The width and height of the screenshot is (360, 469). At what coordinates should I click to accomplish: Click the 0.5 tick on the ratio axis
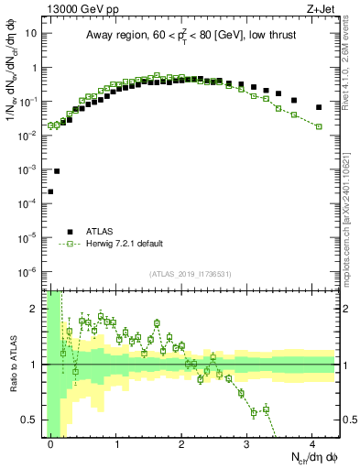pyautogui.click(x=35, y=420)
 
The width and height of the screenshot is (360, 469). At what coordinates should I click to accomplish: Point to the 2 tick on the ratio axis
pyautogui.click(x=37, y=309)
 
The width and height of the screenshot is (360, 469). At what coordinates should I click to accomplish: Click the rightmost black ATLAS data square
pyautogui.click(x=319, y=107)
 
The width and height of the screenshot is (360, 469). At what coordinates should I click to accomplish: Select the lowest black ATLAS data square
pyautogui.click(x=50, y=191)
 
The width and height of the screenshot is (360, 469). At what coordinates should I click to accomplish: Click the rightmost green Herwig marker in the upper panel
pyautogui.click(x=319, y=126)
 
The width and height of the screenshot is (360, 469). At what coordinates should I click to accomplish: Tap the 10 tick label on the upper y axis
pyautogui.click(x=30, y=34)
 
